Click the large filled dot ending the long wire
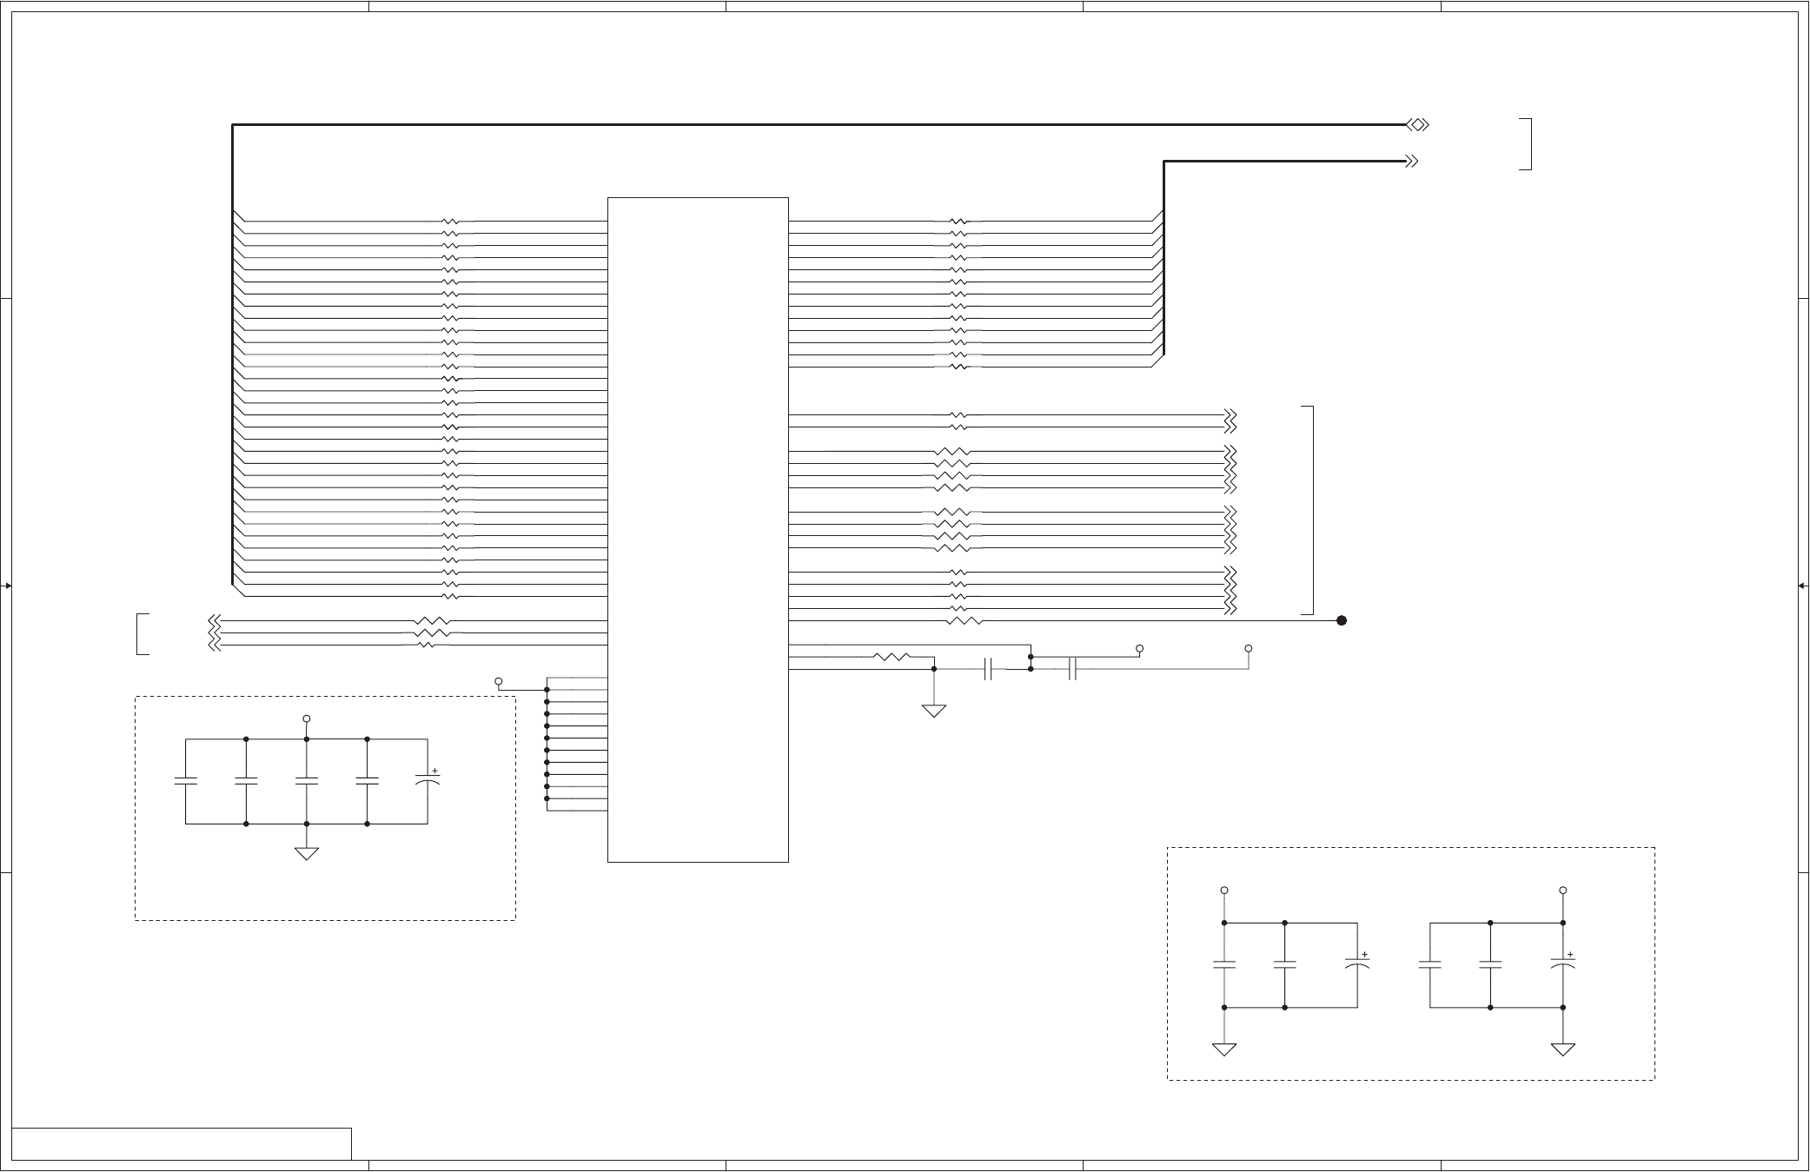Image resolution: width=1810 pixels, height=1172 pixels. (x=1342, y=620)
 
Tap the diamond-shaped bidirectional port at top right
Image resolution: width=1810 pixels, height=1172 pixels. (x=1417, y=125)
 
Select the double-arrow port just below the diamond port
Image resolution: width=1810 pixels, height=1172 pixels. (x=1412, y=161)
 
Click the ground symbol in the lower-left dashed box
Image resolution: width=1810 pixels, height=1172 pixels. (x=307, y=853)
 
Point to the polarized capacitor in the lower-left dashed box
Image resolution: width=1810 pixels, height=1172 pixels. (x=428, y=782)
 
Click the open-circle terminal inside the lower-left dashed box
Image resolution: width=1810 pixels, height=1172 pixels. (x=307, y=718)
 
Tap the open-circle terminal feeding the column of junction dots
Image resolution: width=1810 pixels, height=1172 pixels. (x=499, y=681)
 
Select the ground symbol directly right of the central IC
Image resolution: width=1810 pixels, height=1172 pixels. (x=934, y=711)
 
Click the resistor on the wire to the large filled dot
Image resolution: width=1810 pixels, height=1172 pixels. (x=963, y=620)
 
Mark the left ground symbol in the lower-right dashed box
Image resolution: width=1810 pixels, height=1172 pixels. (x=1224, y=1050)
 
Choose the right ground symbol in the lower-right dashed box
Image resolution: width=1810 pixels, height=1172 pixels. (x=1563, y=1050)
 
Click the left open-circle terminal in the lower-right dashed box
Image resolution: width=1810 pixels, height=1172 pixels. (x=1224, y=891)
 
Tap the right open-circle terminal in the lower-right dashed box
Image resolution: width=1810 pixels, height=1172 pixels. (x=1563, y=891)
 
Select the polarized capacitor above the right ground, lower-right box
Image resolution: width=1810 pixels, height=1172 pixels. (x=1563, y=964)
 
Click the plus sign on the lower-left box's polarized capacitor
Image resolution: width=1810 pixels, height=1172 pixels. (x=434, y=771)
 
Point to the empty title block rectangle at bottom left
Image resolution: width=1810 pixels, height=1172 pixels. (x=182, y=1143)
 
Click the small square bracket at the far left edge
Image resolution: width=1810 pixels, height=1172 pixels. (x=142, y=633)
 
